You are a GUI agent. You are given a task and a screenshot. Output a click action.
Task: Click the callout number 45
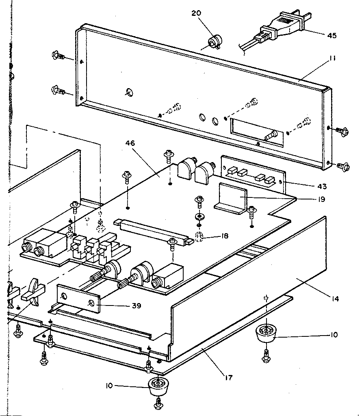(x=331, y=35)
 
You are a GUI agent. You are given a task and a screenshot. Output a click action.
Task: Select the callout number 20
(x=196, y=13)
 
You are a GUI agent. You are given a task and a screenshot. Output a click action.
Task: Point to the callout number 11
(x=332, y=58)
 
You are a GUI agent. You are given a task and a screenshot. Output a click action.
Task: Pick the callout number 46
(x=130, y=143)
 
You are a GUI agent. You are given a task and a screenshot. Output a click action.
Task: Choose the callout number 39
(x=136, y=305)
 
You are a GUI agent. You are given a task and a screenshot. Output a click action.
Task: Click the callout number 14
(x=334, y=299)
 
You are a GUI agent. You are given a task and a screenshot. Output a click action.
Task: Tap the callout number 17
(x=228, y=378)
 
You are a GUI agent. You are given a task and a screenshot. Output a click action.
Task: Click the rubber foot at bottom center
(x=158, y=386)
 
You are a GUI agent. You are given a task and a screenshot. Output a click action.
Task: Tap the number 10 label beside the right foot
(x=334, y=335)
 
